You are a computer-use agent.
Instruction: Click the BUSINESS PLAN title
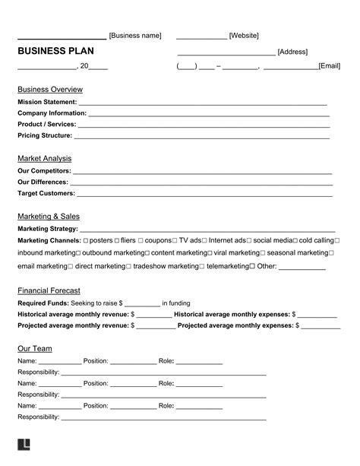coord(52,51)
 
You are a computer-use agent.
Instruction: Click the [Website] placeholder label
coord(244,36)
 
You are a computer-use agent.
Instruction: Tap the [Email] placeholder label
coord(329,66)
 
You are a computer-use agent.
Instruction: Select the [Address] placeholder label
coord(292,52)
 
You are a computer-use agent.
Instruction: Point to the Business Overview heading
coord(50,89)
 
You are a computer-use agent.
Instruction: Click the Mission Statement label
coord(47,101)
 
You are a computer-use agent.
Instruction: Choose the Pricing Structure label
coord(45,135)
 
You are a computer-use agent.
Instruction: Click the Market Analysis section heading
coord(44,158)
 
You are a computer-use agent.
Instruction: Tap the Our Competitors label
coord(44,170)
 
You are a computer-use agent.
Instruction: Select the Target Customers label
coord(46,193)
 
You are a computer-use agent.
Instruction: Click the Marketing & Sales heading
coord(48,216)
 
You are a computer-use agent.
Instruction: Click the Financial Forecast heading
coord(49,290)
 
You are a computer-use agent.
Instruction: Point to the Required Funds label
coord(43,303)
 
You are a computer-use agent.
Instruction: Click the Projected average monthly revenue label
coord(73,325)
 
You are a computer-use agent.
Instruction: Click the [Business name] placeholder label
coord(135,36)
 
